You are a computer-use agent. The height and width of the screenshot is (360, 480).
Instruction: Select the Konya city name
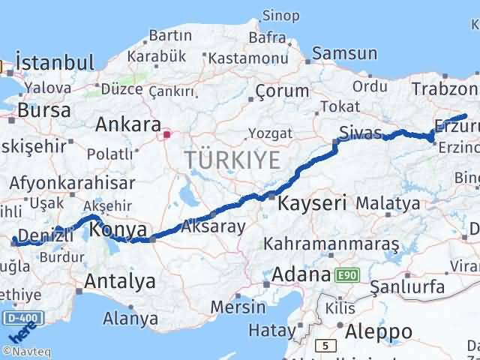117,230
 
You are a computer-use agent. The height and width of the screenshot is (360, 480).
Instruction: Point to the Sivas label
361,132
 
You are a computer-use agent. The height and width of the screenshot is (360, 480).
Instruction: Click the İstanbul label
55,62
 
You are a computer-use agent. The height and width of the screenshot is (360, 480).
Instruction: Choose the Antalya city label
121,282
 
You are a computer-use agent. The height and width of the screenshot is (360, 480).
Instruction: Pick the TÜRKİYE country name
232,159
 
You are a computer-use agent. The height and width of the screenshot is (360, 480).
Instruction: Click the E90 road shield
346,275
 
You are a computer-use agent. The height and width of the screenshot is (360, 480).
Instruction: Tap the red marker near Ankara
166,136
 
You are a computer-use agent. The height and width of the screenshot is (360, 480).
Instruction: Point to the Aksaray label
213,226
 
